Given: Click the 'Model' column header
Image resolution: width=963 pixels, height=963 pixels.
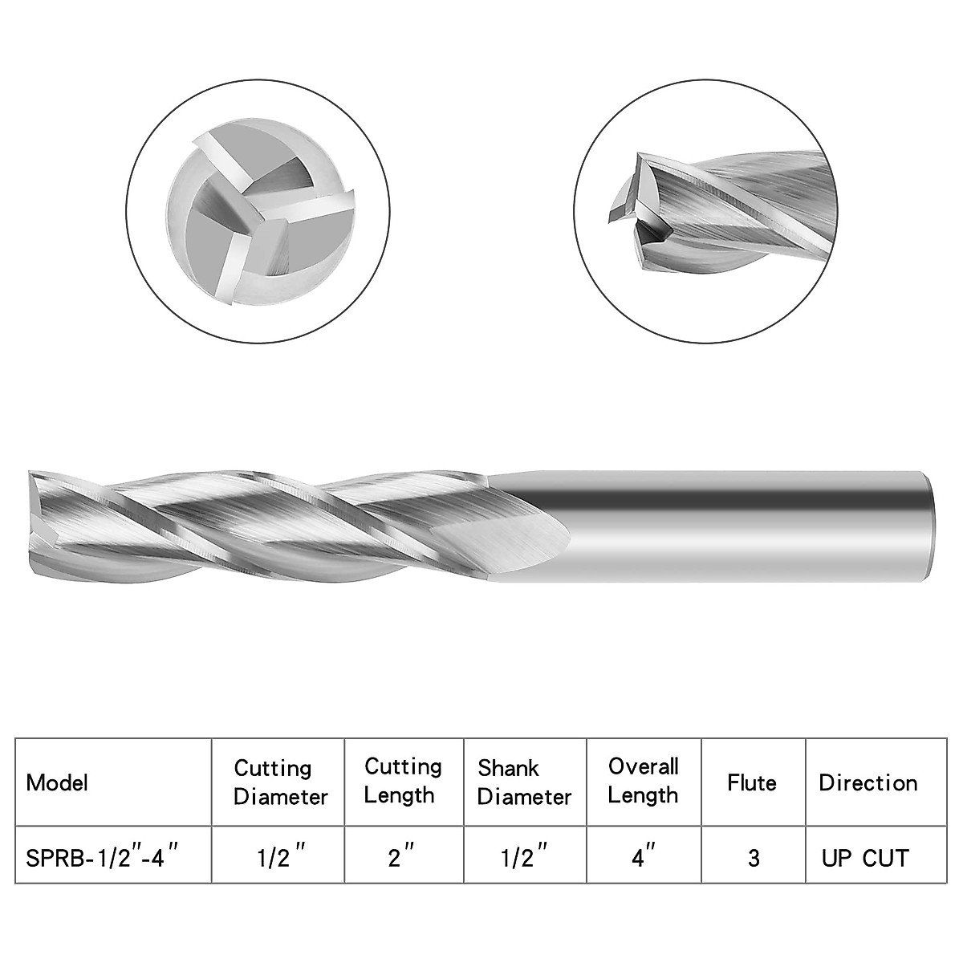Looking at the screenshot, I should [58, 782].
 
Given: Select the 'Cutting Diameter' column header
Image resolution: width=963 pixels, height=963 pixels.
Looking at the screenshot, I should [281, 782].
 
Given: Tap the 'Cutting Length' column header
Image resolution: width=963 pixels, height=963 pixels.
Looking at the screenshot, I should [403, 781].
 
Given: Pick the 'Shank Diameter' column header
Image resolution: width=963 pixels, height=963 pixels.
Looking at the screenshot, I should [524, 782].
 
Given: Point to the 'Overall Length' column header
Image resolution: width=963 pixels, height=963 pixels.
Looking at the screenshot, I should [643, 780].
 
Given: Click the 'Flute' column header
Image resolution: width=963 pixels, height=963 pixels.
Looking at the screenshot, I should [752, 782].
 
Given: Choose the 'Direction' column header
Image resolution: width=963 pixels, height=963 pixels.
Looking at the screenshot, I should [868, 782].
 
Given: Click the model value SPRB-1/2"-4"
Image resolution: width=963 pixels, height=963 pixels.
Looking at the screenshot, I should [102, 857].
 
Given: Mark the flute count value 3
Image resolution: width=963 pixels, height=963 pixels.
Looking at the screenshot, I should [753, 858].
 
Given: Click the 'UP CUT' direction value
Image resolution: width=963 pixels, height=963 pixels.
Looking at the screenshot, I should [865, 858].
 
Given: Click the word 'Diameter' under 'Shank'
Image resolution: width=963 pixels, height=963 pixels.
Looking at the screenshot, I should [524, 797].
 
